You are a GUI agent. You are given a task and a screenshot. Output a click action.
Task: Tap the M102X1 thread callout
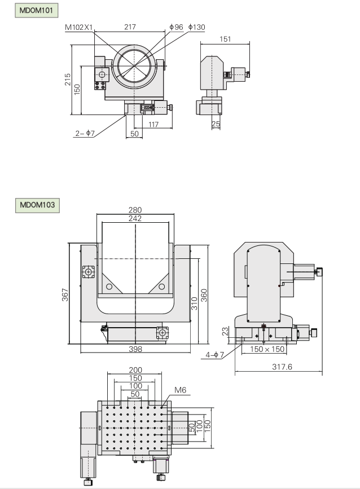click(x=78, y=27)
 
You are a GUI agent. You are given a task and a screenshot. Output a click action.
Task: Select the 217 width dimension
click(x=130, y=27)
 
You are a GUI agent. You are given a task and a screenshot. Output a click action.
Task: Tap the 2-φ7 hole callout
click(x=84, y=133)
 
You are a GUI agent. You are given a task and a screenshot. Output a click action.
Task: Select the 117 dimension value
click(x=152, y=125)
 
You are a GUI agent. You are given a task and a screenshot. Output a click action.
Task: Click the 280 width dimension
click(x=135, y=210)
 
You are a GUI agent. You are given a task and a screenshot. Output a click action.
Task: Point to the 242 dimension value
click(x=135, y=218)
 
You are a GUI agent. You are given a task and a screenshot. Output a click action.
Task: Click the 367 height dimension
click(x=64, y=294)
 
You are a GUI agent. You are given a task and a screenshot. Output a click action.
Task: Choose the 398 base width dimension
click(x=135, y=349)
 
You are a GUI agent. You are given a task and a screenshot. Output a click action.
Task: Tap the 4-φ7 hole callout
click(x=214, y=355)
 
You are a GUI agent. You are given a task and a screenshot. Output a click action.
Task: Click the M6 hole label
click(x=180, y=390)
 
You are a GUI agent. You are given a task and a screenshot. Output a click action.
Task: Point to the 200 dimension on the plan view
click(x=135, y=370)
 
